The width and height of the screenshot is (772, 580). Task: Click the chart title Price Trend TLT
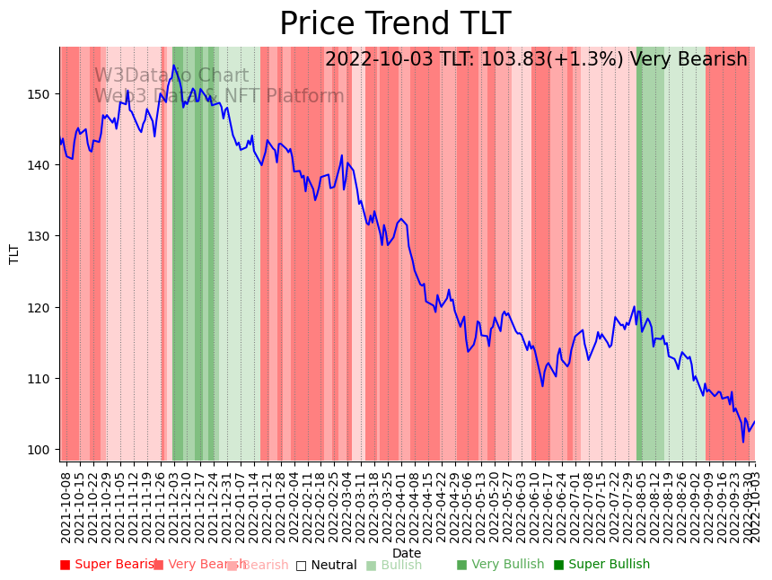pos(395,24)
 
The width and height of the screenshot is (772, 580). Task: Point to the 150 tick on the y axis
pos(42,94)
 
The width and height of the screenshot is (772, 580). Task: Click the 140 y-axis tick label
pos(42,165)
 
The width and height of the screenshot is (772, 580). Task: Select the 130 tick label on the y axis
pos(42,236)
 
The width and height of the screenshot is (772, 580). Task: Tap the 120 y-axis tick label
pos(42,307)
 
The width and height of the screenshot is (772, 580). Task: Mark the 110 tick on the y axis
pos(42,378)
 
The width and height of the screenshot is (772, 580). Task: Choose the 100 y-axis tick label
pos(42,449)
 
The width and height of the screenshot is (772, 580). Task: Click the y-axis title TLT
pos(14,254)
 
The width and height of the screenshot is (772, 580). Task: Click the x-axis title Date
pos(407,553)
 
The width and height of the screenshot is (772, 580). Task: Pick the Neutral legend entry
pos(327,565)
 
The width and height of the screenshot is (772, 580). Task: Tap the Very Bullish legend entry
pos(500,565)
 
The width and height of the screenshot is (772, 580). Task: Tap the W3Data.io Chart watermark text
pos(171,76)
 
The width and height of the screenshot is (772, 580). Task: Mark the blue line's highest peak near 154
pos(174,66)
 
